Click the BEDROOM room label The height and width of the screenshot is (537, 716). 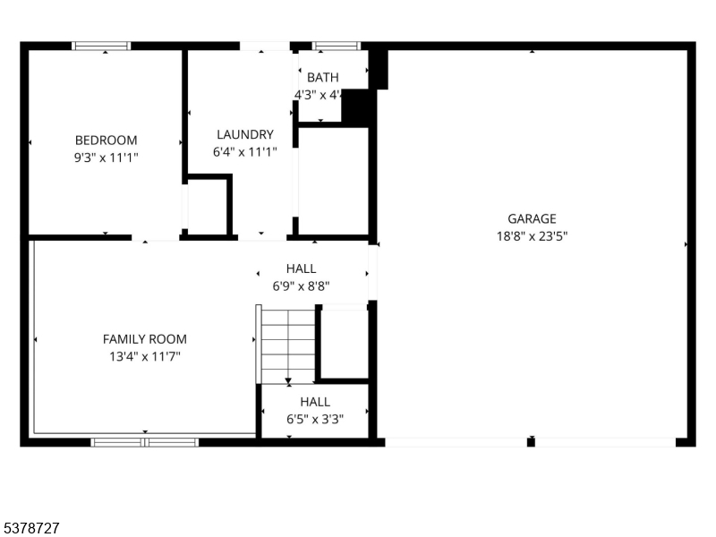click(x=106, y=140)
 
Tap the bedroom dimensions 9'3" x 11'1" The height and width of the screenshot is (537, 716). click(x=106, y=157)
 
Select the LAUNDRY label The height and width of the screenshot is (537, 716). click(x=244, y=135)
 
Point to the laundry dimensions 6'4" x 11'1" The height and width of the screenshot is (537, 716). click(x=244, y=152)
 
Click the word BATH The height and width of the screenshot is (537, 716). click(x=323, y=78)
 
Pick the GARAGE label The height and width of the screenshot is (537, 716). click(x=532, y=218)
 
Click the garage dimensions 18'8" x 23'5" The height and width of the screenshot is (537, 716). click(x=532, y=236)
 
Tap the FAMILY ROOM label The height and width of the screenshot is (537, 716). click(x=144, y=339)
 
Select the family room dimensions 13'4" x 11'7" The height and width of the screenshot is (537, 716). click(x=144, y=356)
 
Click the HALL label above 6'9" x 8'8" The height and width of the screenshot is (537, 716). click(x=301, y=268)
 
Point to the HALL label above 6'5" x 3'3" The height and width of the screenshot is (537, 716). click(x=315, y=402)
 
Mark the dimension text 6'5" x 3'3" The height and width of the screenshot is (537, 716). click(x=315, y=418)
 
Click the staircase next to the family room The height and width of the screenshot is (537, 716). click(x=288, y=345)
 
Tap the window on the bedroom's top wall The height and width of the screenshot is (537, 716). click(x=101, y=46)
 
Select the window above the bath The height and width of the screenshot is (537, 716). click(x=336, y=46)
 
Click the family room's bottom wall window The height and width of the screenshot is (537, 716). click(x=145, y=441)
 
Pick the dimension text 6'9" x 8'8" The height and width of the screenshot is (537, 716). click(x=301, y=286)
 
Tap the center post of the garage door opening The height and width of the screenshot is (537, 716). click(x=531, y=441)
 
